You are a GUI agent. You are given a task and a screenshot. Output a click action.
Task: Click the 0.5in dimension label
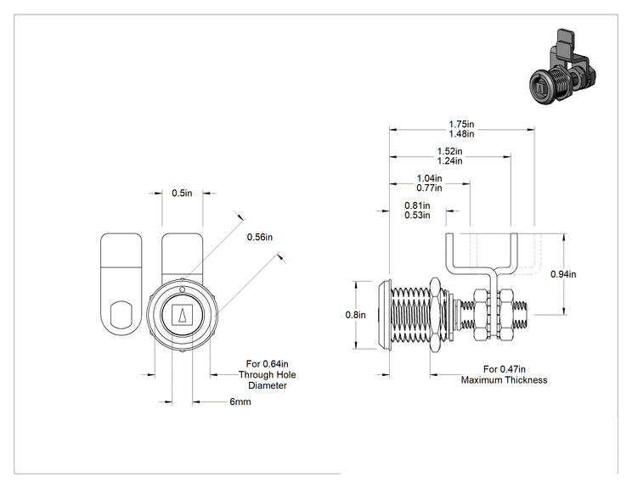point(182,194)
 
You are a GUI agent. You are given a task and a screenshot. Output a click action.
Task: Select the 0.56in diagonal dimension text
point(260,237)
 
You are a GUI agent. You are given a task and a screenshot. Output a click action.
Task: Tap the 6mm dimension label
point(240,401)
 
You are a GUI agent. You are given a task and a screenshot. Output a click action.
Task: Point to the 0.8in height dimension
point(355,315)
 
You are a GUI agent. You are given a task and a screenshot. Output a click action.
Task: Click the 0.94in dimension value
point(563,274)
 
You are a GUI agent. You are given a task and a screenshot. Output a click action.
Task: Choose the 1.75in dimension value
point(461,125)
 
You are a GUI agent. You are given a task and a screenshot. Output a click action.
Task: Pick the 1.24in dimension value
point(450,161)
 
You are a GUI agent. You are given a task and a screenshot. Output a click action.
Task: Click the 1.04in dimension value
point(429,178)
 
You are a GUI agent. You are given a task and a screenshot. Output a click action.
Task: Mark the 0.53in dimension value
point(417,216)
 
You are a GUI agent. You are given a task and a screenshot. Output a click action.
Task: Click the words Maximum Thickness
point(505,380)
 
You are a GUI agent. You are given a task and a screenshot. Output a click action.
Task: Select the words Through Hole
point(268,375)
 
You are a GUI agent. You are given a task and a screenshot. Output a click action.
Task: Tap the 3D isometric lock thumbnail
point(562,67)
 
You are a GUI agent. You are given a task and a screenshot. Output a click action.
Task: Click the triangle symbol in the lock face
point(182,315)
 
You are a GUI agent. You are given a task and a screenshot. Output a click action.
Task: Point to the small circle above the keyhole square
point(182,289)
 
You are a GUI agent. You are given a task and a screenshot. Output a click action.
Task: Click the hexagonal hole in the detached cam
point(121,313)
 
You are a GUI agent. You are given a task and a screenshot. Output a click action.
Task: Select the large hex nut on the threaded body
point(436,315)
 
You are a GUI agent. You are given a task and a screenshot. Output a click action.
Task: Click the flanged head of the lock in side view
point(384,315)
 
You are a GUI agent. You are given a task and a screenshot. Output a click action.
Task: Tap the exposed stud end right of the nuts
point(522,315)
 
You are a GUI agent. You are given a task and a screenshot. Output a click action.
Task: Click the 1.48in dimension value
point(461,134)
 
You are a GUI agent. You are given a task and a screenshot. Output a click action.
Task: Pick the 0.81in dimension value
point(417,205)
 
